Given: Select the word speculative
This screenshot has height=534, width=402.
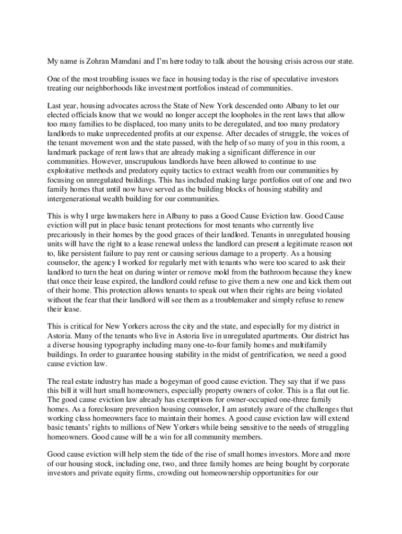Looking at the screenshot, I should coord(283,79).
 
